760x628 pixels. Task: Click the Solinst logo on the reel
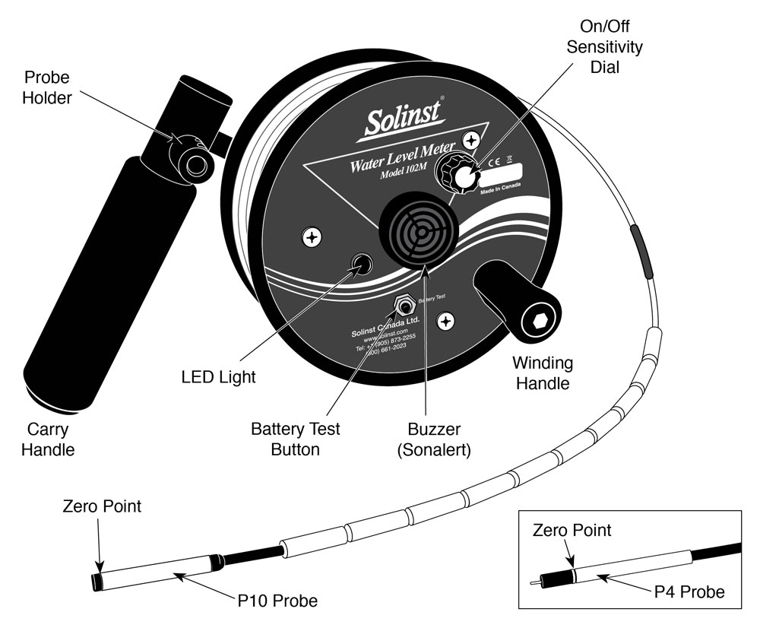click(396, 119)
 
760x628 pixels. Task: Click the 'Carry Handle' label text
click(47, 439)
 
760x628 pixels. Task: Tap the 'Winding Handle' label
click(543, 373)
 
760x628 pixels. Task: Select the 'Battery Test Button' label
click(296, 439)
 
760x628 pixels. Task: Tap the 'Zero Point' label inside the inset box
click(572, 530)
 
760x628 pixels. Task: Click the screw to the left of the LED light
click(311, 237)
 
